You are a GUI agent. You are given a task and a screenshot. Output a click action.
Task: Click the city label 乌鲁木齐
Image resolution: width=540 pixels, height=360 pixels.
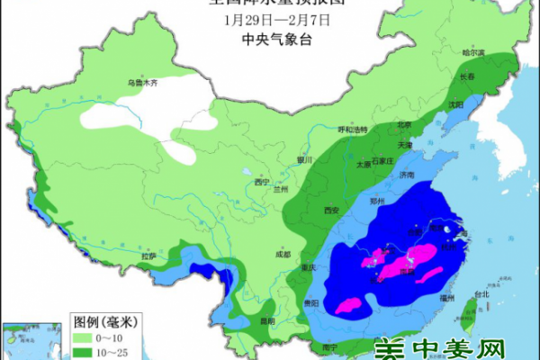pos(142,83)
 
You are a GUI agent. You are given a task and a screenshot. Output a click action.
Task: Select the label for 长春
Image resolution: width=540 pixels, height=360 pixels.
pos(467,77)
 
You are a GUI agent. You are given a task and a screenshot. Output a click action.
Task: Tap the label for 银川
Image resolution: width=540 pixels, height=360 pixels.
pos(302,160)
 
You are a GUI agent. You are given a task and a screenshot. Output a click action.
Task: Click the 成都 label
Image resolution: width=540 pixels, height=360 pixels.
pos(283,255)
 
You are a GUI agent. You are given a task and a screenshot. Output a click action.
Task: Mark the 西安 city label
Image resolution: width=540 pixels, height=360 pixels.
pos(330,211)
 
